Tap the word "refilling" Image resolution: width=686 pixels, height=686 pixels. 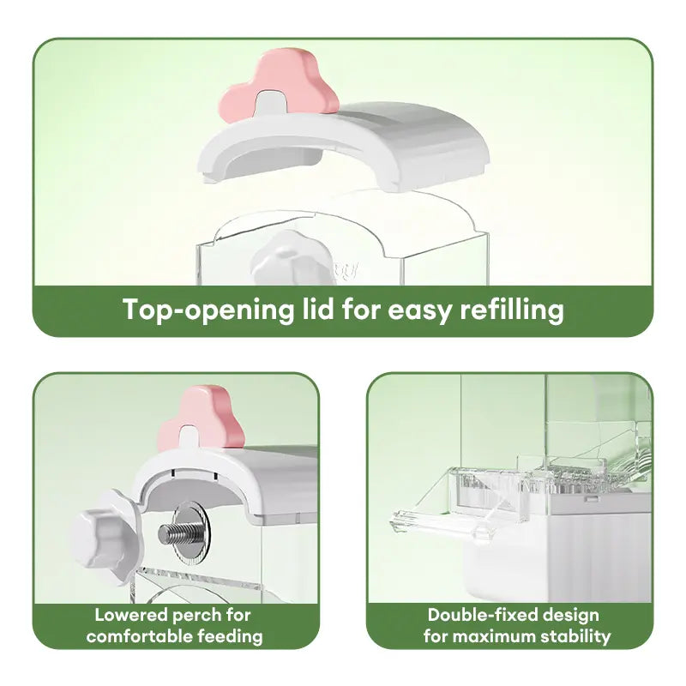pyautogui.click(x=512, y=310)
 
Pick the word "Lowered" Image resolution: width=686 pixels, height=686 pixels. pyautogui.click(x=131, y=615)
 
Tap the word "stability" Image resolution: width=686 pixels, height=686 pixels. pyautogui.click(x=576, y=636)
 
